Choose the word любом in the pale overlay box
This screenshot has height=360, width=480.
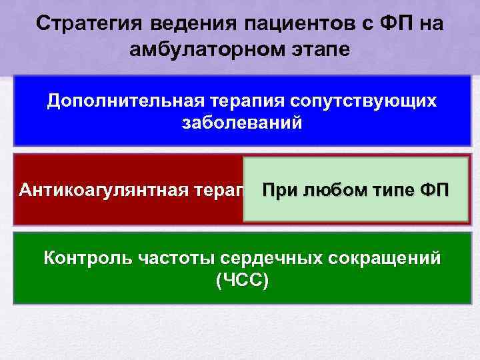[x=333, y=190]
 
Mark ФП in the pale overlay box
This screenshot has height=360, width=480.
[x=437, y=190]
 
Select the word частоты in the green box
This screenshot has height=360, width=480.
[x=163, y=258]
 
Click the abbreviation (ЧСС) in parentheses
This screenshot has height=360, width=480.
[x=242, y=281]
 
